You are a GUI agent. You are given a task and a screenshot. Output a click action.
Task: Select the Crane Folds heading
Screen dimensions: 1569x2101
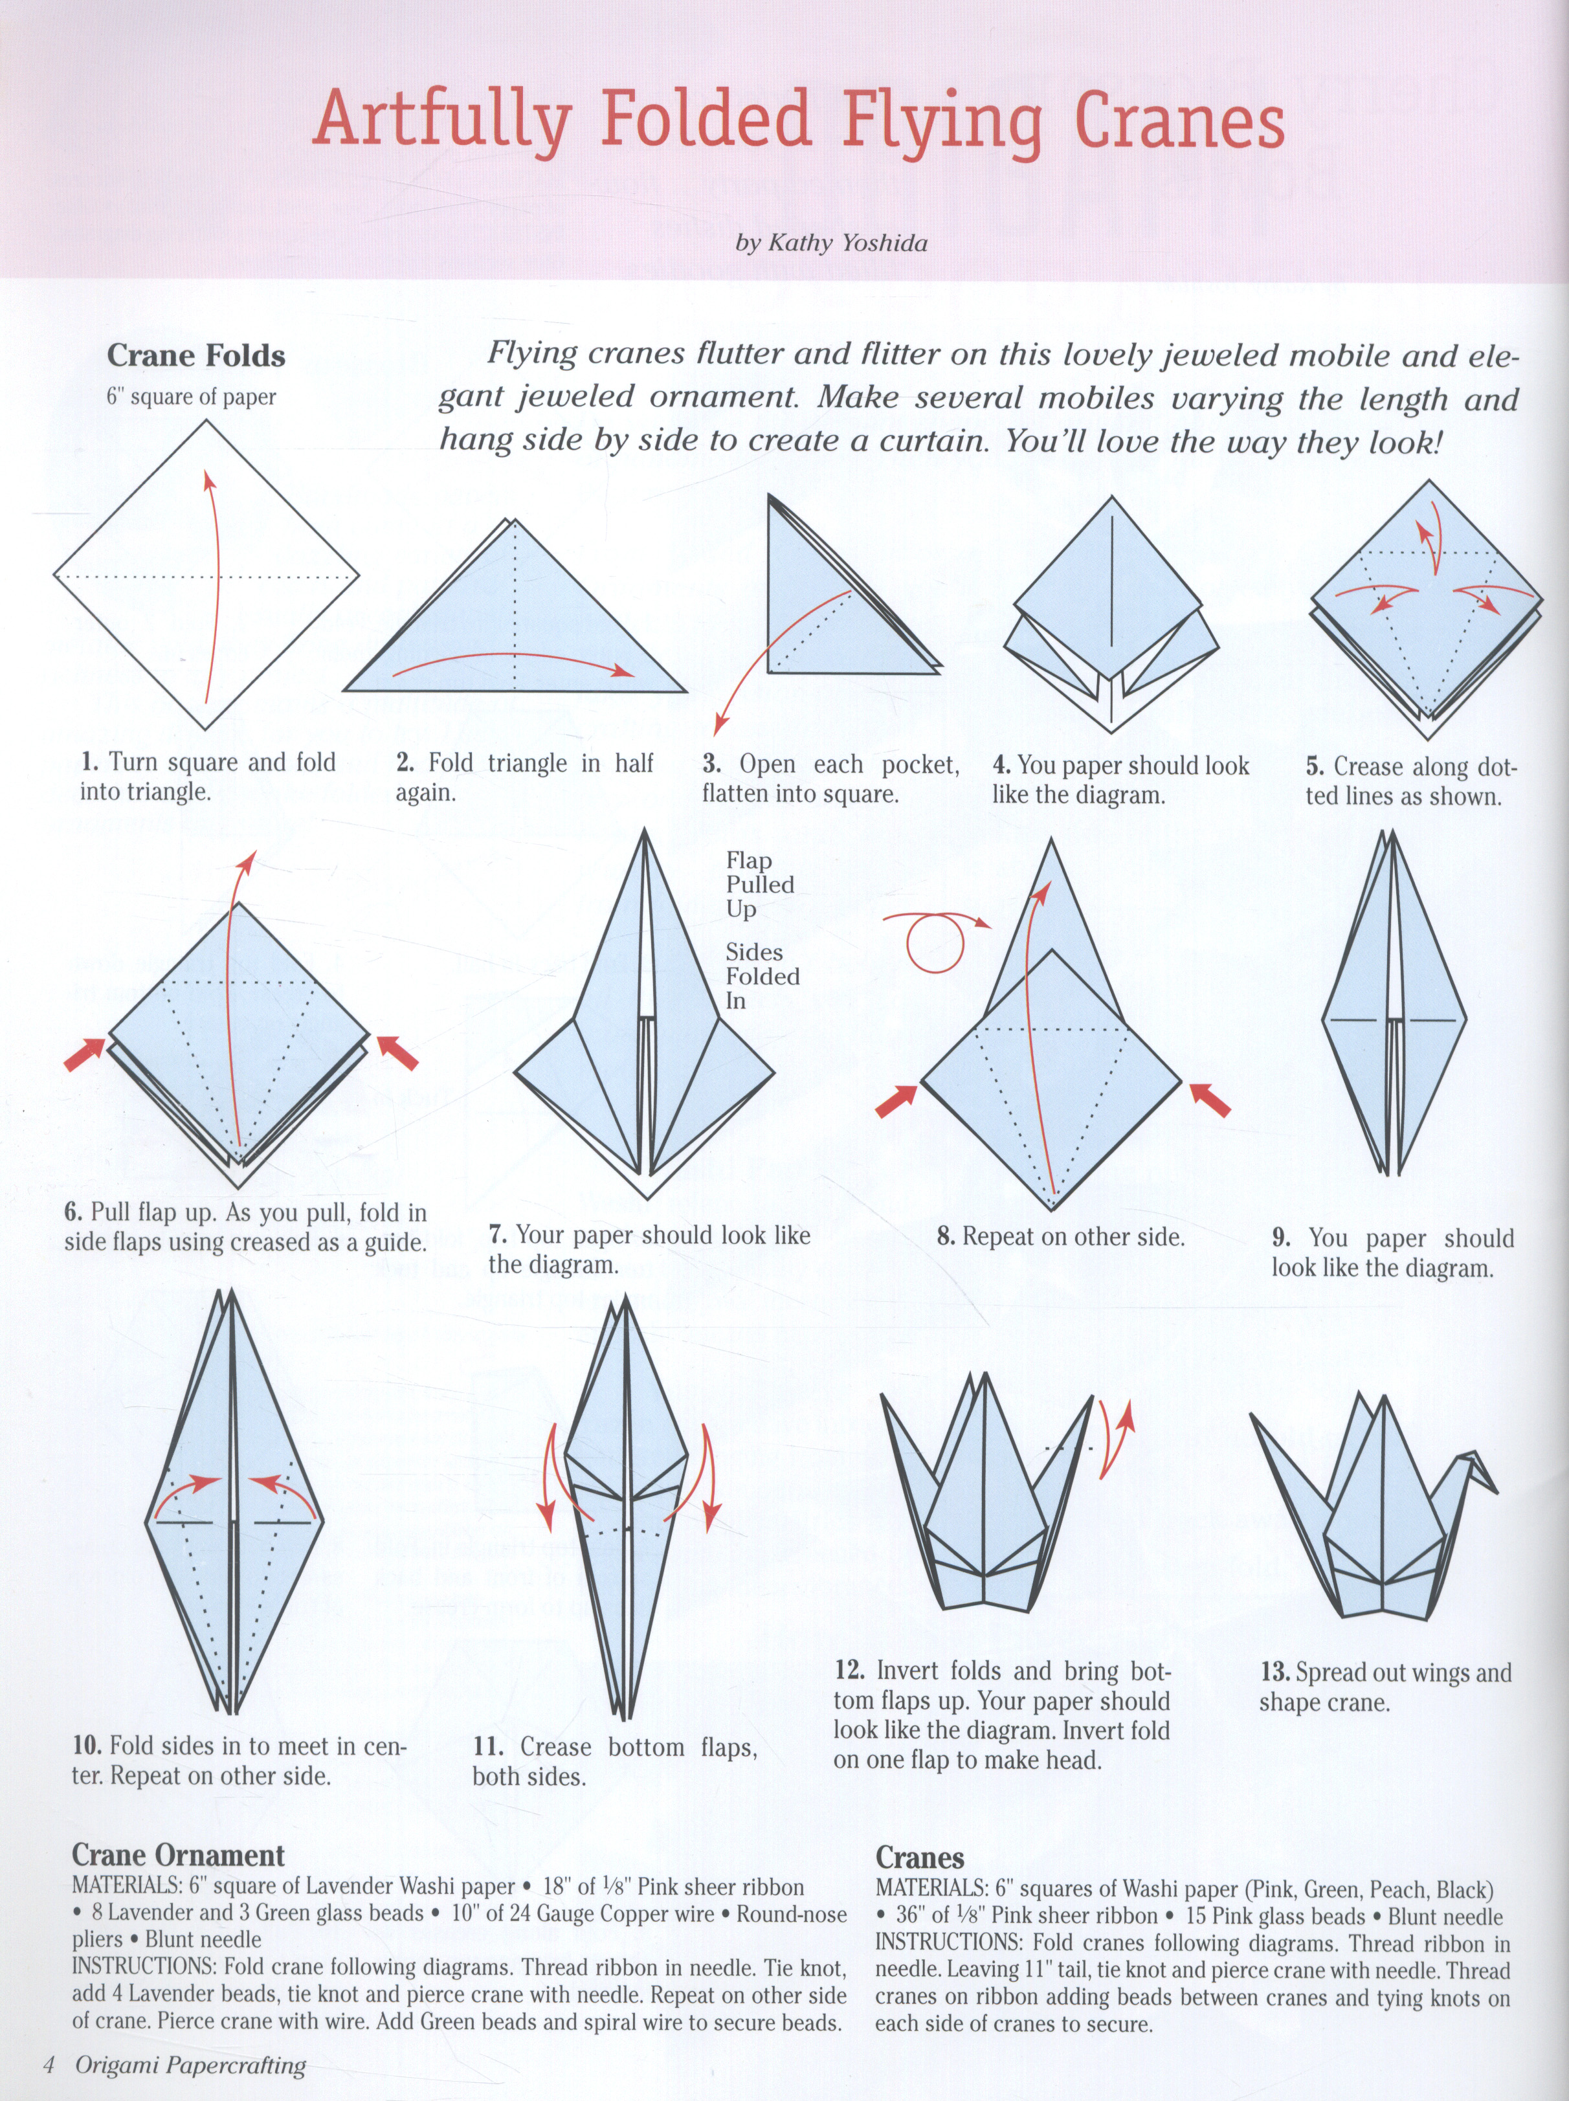coord(195,355)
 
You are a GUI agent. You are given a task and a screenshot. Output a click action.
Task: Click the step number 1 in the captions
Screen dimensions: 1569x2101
coord(89,762)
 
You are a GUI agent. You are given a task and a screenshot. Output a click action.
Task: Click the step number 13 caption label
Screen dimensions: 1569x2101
coord(1274,1673)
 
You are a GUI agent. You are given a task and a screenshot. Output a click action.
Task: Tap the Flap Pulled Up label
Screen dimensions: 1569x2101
coord(760,884)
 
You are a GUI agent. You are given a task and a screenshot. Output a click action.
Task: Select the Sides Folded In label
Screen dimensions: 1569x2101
coord(762,975)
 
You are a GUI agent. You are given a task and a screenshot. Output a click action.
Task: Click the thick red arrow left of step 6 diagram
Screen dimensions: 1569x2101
coord(85,1053)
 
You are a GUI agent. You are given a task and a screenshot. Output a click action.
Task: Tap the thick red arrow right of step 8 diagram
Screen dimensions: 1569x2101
coord(1211,1100)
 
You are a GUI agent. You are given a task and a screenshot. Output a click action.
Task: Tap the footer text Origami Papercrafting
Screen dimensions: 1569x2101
coord(190,2065)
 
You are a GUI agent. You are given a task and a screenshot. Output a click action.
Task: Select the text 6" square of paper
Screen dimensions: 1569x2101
coord(191,397)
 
